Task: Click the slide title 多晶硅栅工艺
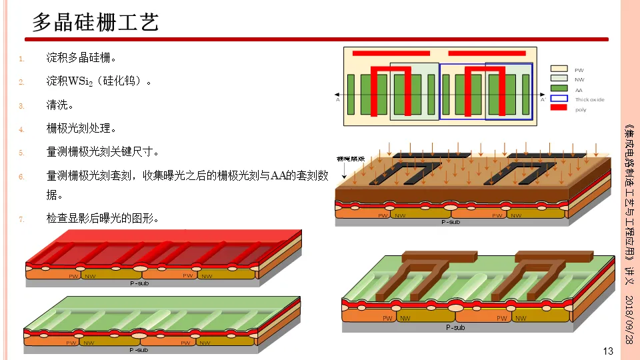(95, 23)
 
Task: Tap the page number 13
(607, 351)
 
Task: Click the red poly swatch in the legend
(559, 107)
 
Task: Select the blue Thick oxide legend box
(559, 98)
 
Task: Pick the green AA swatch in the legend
(559, 88)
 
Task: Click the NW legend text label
(579, 79)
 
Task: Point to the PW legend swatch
(559, 69)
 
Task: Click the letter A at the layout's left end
(338, 100)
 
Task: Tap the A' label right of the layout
(543, 100)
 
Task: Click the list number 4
(21, 129)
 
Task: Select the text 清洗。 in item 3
(59, 105)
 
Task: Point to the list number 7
(21, 219)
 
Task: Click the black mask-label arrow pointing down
(343, 171)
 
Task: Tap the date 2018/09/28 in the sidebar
(627, 319)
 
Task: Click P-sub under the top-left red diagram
(139, 283)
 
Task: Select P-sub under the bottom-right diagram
(455, 327)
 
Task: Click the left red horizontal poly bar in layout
(391, 53)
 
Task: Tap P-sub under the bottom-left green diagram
(139, 349)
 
